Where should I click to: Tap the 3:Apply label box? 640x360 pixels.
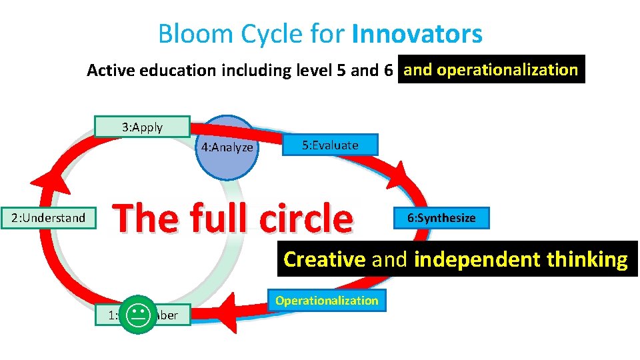(141, 127)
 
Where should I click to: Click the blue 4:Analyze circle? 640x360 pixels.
(227, 148)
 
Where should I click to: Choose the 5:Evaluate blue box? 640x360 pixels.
(330, 145)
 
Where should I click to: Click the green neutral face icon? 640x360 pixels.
(138, 313)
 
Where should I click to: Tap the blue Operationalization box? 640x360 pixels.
(327, 301)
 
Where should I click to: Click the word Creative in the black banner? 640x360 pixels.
(324, 259)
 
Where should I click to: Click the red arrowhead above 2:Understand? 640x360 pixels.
(47, 176)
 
